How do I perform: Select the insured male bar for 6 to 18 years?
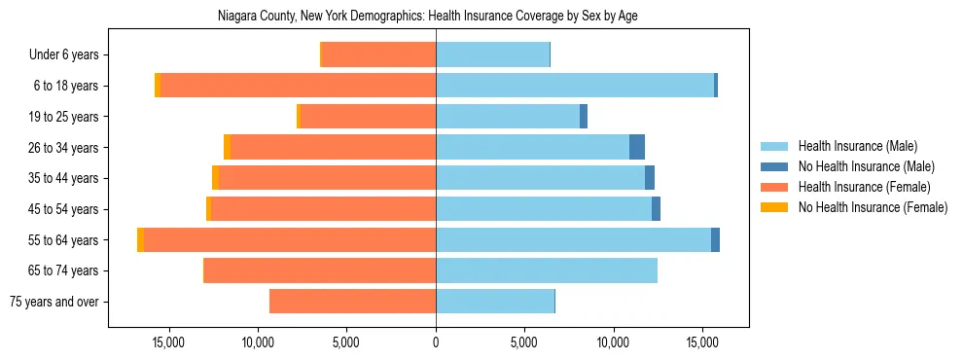(x=574, y=86)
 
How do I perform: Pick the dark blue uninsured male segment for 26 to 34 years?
(x=637, y=148)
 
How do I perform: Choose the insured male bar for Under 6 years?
(x=492, y=55)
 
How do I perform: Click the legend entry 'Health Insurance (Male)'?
(x=857, y=146)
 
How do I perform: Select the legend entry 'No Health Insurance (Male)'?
(x=865, y=166)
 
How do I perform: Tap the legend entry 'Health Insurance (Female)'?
(x=863, y=187)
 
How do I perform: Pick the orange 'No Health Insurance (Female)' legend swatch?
(x=775, y=207)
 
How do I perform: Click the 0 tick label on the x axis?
(x=436, y=343)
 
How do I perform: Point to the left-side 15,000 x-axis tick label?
(x=168, y=343)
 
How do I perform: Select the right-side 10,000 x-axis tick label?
(x=614, y=343)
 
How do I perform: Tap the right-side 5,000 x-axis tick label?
(x=524, y=343)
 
